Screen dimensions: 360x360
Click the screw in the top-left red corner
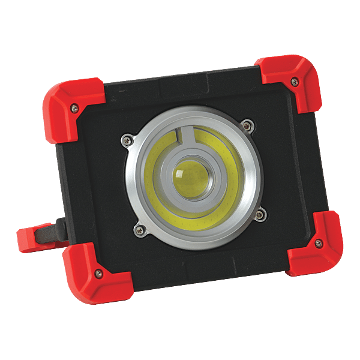[74, 108]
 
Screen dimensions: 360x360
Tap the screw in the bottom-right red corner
[318, 242]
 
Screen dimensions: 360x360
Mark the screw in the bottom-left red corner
[99, 273]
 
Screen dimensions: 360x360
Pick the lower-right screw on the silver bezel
[260, 214]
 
